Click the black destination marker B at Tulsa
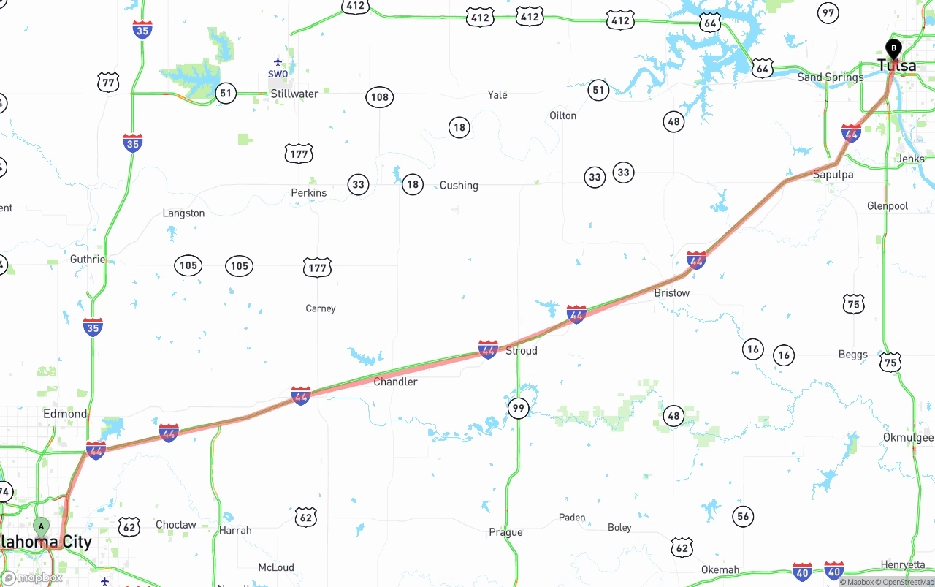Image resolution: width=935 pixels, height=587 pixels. (893, 49)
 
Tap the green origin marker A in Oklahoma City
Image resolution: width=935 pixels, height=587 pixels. (42, 526)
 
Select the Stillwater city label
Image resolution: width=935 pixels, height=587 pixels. (294, 94)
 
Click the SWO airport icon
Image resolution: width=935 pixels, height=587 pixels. (278, 62)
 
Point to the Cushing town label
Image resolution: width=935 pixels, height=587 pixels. (459, 186)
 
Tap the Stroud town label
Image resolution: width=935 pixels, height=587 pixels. (522, 351)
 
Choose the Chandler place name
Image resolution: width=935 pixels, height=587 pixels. (395, 382)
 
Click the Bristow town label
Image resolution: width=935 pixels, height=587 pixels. (671, 293)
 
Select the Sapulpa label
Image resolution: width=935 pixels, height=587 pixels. (833, 175)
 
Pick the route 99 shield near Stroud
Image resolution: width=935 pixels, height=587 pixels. (518, 408)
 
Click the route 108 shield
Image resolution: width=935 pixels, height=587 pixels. (379, 97)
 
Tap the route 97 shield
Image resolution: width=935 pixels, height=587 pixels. (828, 12)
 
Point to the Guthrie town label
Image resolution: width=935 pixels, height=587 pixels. (88, 260)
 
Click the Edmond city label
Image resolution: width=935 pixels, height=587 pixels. (65, 414)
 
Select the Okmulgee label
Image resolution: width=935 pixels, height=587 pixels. (908, 438)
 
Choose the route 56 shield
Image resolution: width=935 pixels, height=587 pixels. (743, 516)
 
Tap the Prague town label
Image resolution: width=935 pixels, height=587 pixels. (505, 532)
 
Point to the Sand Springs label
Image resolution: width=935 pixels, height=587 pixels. (830, 77)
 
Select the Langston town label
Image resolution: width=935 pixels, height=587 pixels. (183, 213)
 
